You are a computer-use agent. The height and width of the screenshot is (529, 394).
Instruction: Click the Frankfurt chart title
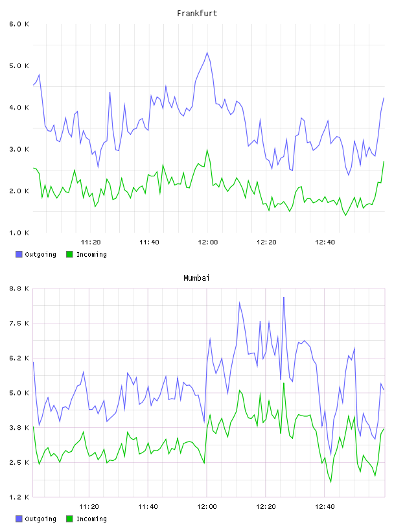pos(197,13)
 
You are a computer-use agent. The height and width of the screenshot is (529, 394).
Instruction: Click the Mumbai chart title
pos(196,277)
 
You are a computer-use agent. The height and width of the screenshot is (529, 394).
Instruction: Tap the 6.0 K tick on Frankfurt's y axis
pos(19,24)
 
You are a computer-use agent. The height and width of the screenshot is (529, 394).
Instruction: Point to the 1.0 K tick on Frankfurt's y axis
pos(19,233)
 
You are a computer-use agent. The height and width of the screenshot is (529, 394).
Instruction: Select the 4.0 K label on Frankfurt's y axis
pos(19,108)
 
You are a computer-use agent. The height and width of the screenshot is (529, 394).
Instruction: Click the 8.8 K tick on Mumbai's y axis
pos(19,288)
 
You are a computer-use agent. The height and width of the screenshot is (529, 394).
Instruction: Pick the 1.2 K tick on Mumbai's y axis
pos(19,497)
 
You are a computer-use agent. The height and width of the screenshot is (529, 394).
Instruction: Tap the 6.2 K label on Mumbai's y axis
pos(19,358)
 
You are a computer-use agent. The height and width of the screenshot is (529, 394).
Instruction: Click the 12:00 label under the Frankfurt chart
pos(208,242)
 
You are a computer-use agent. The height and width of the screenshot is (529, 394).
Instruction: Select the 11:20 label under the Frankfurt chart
pos(91,242)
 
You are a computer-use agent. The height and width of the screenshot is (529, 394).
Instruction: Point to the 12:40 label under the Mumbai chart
pos(325,507)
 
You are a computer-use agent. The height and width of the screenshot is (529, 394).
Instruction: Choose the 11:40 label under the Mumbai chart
pos(148,507)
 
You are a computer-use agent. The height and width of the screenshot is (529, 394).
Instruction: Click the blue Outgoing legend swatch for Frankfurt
pos(19,254)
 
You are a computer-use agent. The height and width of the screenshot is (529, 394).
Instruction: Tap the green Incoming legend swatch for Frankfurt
pos(69,254)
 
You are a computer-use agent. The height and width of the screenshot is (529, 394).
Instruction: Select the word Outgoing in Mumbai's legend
pos(40,519)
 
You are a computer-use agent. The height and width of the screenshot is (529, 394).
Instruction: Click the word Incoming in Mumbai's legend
pos(91,519)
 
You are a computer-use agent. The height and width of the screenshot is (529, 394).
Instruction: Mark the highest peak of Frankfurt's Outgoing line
pos(207,53)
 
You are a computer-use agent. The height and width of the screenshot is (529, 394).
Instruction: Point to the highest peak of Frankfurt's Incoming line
pos(207,150)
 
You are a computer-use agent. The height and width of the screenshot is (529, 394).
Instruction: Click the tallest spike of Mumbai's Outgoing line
pos(284,297)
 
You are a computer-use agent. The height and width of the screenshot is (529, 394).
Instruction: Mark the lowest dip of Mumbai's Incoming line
pos(331,482)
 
